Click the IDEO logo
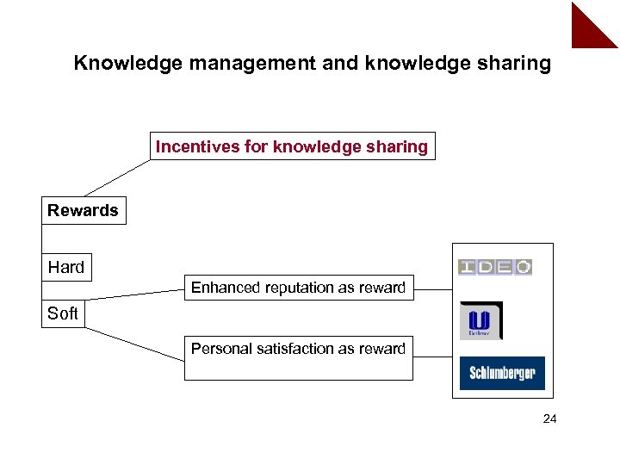495,267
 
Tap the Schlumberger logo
502,373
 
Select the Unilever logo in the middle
480,320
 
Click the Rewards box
84,211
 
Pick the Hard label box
66,267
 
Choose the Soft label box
63,313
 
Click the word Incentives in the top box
197,146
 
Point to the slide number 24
550,419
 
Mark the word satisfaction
298,349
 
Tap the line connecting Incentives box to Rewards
116,178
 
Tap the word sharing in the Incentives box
399,146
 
